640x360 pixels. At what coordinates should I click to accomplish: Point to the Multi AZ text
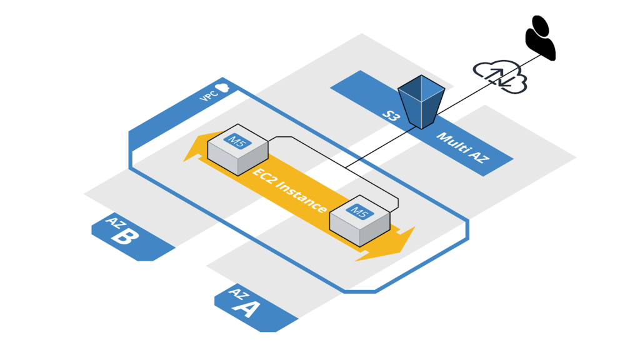click(x=463, y=148)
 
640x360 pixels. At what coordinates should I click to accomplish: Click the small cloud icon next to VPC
click(x=221, y=88)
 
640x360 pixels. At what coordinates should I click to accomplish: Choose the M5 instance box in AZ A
click(x=359, y=221)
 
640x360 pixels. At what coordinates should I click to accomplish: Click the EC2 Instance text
click(x=290, y=190)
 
